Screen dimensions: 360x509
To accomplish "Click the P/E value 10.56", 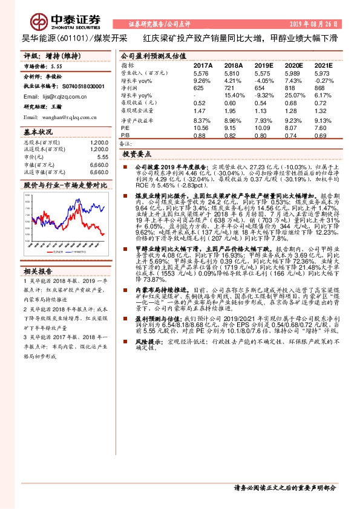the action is (200, 128).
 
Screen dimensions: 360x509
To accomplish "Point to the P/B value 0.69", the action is (322, 135).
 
